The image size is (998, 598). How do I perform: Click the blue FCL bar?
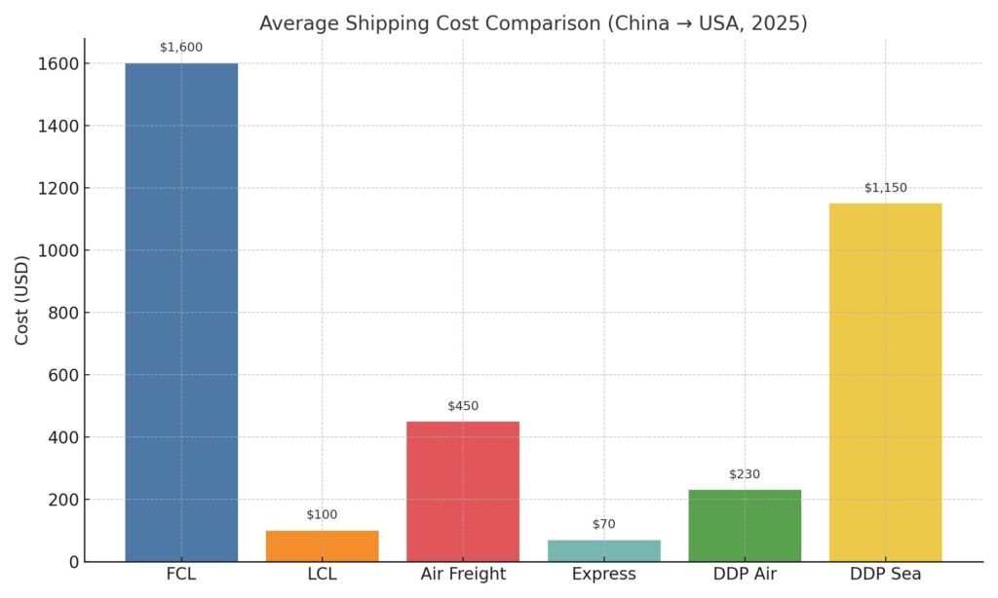click(x=181, y=312)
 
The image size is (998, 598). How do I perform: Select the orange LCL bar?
click(x=322, y=545)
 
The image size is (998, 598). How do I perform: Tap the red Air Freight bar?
click(x=463, y=491)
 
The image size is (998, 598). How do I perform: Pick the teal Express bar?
click(x=603, y=550)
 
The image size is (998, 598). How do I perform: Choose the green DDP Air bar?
click(x=745, y=525)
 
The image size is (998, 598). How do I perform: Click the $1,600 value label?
click(x=181, y=47)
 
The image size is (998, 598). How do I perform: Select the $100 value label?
click(x=322, y=514)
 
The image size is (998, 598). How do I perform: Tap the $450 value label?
click(x=463, y=405)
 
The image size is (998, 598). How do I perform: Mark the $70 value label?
click(x=603, y=524)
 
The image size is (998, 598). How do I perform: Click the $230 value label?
click(x=745, y=474)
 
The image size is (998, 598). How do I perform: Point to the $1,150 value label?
click(x=885, y=187)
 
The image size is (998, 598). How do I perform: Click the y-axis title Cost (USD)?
click(x=21, y=301)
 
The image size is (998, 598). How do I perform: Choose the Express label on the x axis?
click(x=603, y=575)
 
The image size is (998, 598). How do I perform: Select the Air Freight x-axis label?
click(x=463, y=575)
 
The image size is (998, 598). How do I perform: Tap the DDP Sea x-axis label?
click(x=885, y=575)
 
